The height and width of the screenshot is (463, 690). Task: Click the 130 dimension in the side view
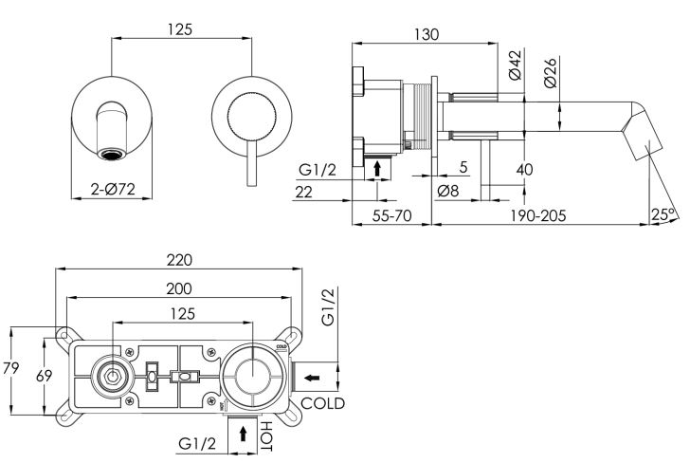pos(426,34)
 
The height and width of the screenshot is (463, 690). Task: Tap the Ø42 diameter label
pos(514,65)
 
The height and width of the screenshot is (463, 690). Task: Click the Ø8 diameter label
pos(449,191)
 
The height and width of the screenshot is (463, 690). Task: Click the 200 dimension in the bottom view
pos(179,287)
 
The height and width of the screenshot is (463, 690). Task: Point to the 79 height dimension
pos(10,370)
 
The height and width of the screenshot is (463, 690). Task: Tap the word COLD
pos(323,403)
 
